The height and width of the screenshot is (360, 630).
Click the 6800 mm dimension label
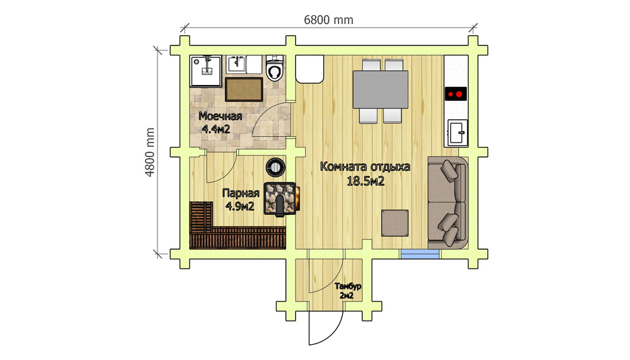pos(328,20)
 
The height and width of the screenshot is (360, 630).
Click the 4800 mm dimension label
pos(149,153)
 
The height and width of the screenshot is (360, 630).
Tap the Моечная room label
pos(220,116)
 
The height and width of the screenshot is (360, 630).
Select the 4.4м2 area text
pos(215,129)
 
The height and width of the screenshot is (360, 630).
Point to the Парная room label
pos(241,193)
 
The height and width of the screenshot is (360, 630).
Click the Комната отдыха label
pos(365,166)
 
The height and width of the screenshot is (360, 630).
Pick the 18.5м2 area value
pos(365,182)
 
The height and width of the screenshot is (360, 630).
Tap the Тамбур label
pos(348,286)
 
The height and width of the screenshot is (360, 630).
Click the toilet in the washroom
pos(275,68)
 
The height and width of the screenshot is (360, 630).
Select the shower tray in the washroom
pos(206,71)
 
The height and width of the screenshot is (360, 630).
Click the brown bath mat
pos(243,90)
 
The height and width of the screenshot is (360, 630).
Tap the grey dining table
pos(380,90)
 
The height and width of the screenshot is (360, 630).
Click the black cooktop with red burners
pos(455,94)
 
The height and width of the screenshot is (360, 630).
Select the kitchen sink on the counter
pos(457,133)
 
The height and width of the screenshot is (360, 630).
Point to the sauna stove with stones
pos(280,199)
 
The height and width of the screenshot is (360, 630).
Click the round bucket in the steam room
pos(276,166)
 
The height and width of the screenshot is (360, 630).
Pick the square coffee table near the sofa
pos(394,223)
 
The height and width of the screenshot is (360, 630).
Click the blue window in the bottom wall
pos(420,254)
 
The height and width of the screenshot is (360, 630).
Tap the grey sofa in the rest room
pos(447,203)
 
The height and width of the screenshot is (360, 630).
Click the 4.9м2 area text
pos(240,206)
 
